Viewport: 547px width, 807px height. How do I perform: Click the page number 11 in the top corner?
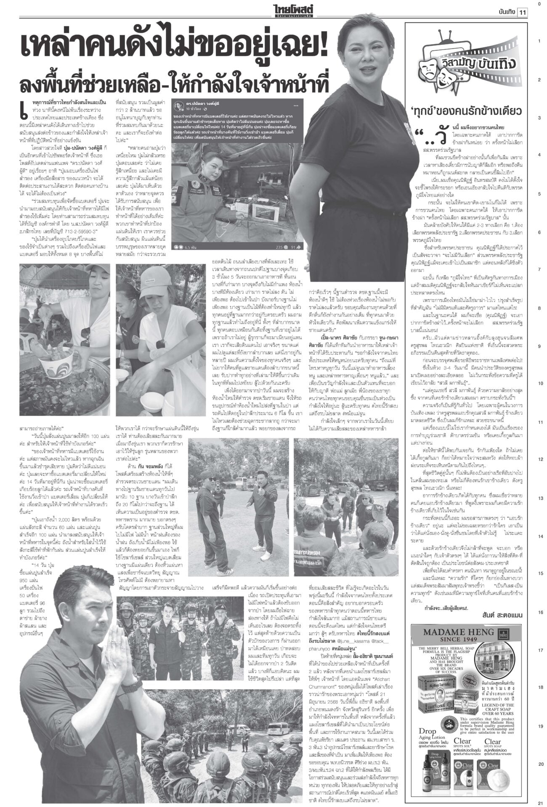click(523, 12)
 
